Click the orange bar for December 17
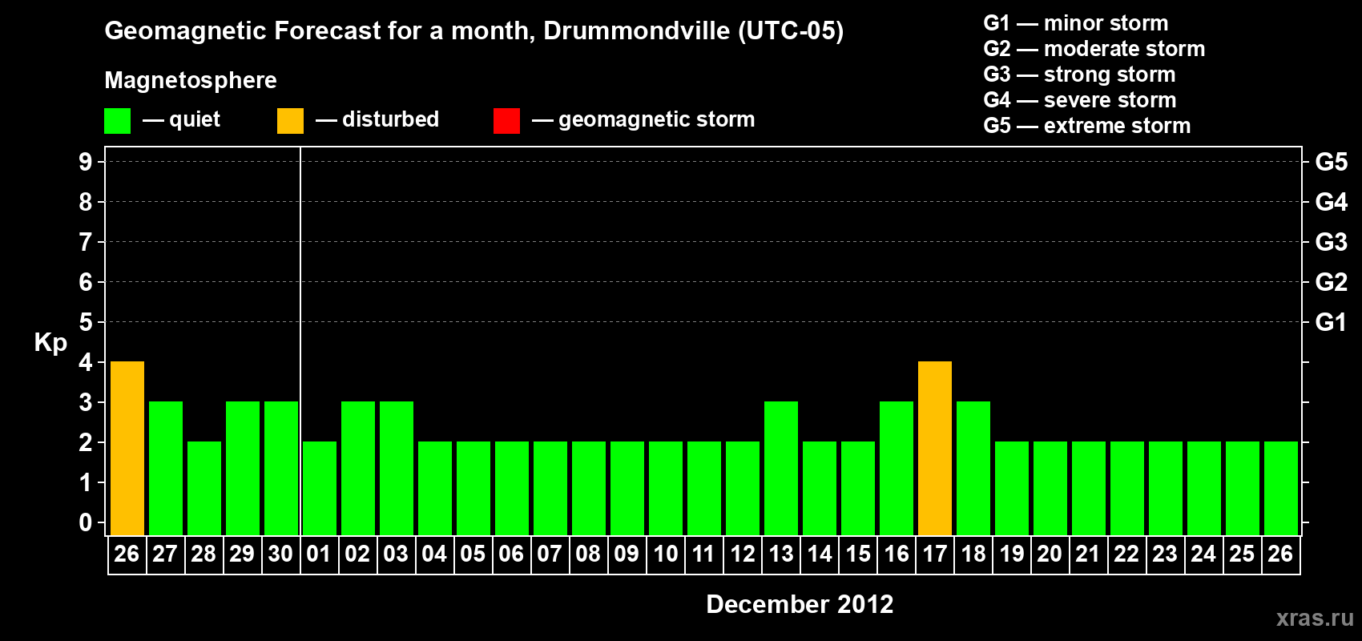click(x=935, y=448)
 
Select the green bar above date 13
click(x=781, y=468)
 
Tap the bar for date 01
click(x=320, y=488)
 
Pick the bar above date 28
click(x=204, y=488)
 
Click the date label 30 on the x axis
click(x=280, y=554)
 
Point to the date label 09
click(x=627, y=554)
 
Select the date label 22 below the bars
click(x=1126, y=554)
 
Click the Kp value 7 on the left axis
click(x=86, y=242)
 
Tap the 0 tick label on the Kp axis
click(x=86, y=522)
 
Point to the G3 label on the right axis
click(x=1331, y=242)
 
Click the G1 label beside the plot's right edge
click(x=1331, y=322)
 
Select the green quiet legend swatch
click(x=117, y=121)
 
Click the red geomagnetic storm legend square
click(x=506, y=121)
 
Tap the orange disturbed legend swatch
click(x=290, y=121)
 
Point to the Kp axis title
click(x=50, y=342)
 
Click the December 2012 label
click(x=800, y=604)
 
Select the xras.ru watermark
click(x=1315, y=618)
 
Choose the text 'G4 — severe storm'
click(x=1079, y=100)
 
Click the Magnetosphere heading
click(x=191, y=80)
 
